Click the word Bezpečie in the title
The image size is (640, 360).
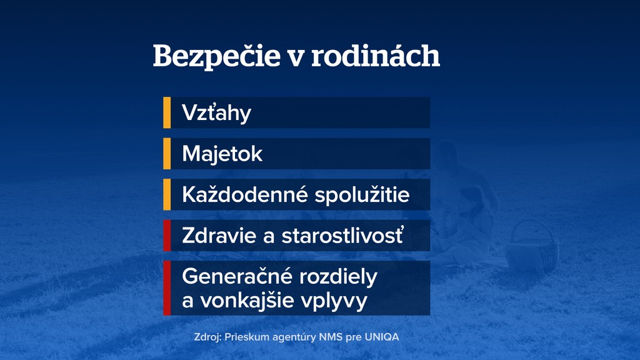coord(216,56)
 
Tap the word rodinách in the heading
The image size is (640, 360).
coord(376,55)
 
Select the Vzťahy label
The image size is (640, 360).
coord(216,113)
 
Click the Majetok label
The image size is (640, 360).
coord(222,154)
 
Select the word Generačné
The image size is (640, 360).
coord(237,276)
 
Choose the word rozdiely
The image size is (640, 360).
coord(338,277)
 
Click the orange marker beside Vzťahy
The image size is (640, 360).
coord(167,112)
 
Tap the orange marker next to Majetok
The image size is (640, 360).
coord(167,154)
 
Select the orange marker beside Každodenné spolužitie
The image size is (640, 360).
coord(167,194)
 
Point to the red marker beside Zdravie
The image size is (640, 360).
coord(167,235)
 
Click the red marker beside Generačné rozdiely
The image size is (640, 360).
coord(167,287)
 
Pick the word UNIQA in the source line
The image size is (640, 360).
coord(382,337)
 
